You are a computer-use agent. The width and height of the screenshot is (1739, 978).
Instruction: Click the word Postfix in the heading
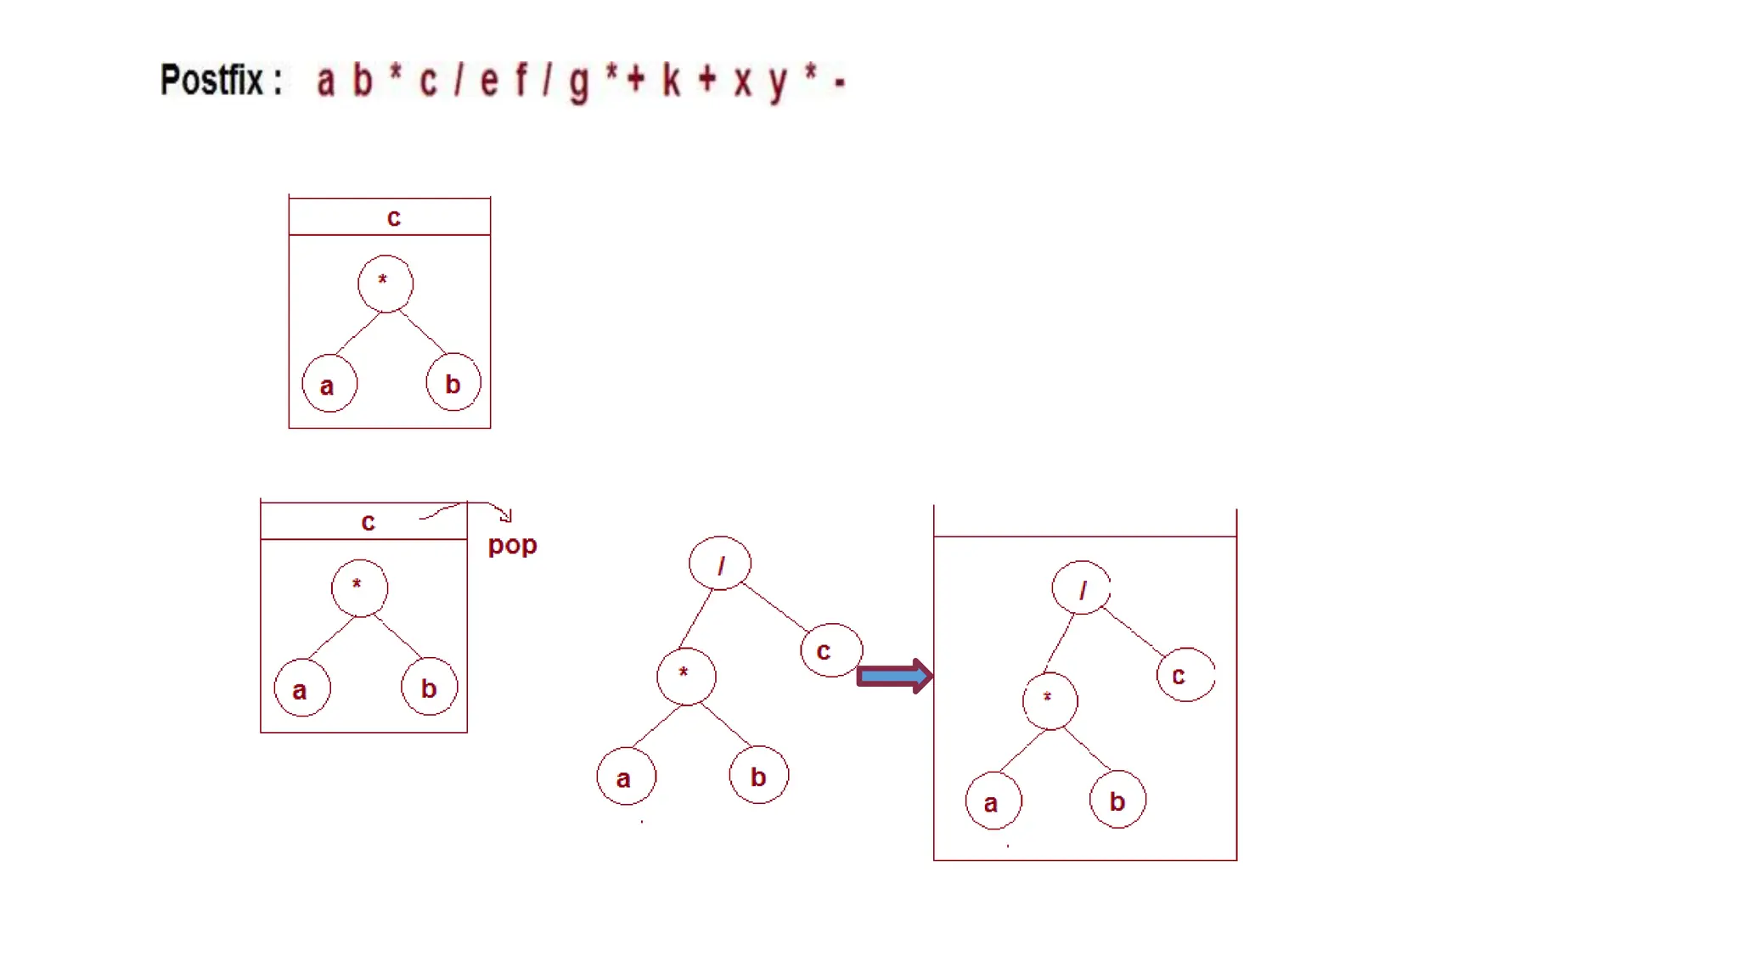pyautogui.click(x=212, y=81)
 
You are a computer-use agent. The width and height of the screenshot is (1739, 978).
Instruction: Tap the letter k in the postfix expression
pyautogui.click(x=671, y=81)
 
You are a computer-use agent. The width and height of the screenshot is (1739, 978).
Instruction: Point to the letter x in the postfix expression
pyautogui.click(x=743, y=82)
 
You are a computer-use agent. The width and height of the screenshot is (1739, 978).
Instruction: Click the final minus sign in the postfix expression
pyautogui.click(x=840, y=82)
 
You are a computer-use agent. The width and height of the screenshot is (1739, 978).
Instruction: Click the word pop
pyautogui.click(x=512, y=545)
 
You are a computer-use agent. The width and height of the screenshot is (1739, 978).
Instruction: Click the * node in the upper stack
pyautogui.click(x=386, y=283)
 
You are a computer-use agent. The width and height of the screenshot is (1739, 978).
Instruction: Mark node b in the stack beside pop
pyautogui.click(x=429, y=687)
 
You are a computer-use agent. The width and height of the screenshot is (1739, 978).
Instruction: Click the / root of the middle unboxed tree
pyautogui.click(x=720, y=564)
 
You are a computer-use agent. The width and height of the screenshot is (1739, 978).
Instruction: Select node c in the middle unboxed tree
pyautogui.click(x=830, y=650)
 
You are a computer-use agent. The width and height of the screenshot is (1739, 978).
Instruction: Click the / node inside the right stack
pyautogui.click(x=1081, y=587)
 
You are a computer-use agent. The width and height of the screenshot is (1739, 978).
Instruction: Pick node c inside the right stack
pyautogui.click(x=1185, y=675)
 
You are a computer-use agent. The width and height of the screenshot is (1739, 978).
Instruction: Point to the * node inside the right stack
pyautogui.click(x=1050, y=700)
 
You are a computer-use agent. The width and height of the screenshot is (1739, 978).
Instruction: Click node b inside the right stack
pyautogui.click(x=1117, y=800)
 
